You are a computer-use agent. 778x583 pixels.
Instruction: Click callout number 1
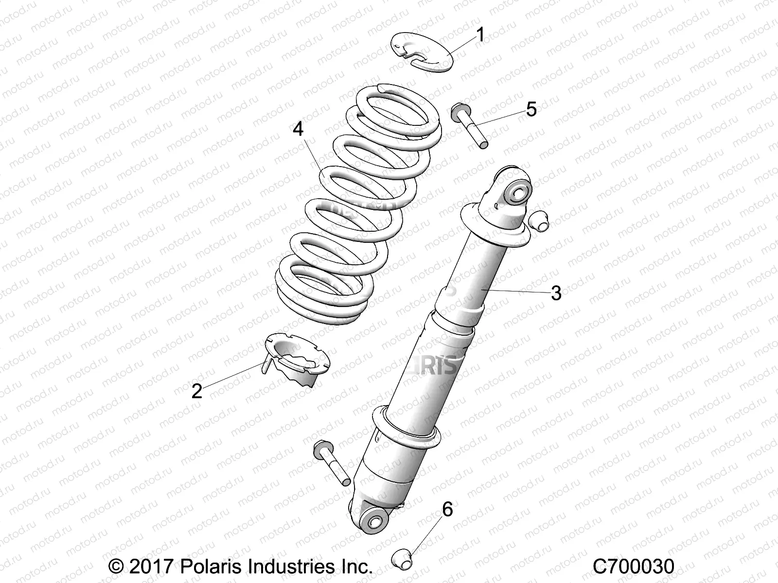[x=480, y=35]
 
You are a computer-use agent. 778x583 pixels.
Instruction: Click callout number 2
[x=196, y=390]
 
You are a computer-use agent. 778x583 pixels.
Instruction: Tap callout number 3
[x=556, y=293]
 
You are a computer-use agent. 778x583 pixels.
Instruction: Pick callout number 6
[x=447, y=510]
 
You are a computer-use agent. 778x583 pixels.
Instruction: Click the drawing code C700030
[x=633, y=566]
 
